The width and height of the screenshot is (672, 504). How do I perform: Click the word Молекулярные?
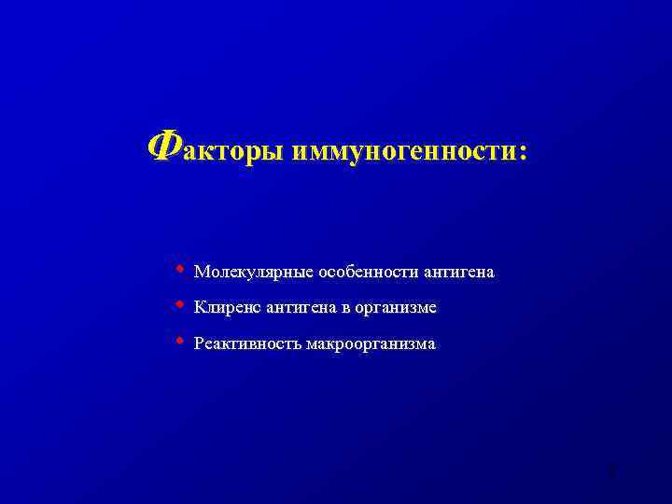254,273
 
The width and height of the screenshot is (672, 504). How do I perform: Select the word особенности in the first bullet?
368,273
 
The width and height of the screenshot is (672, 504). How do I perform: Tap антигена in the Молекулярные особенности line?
458,273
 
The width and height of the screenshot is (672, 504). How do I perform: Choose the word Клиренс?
227,308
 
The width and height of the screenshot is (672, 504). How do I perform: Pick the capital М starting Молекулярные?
201,273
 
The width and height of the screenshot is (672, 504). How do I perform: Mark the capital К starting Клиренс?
200,307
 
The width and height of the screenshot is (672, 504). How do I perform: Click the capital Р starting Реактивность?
199,343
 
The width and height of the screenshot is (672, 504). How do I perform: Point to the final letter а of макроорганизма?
431,345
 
